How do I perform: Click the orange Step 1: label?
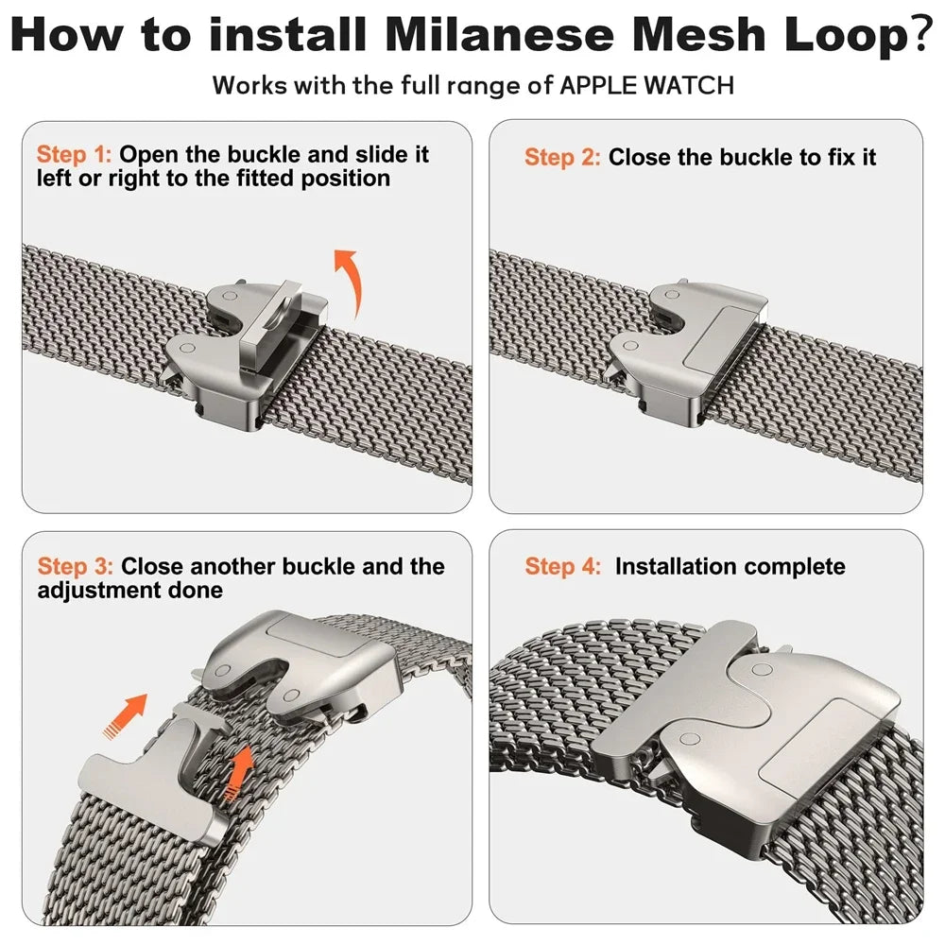75,154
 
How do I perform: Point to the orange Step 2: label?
562,157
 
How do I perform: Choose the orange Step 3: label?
76,567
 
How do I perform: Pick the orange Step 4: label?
563,567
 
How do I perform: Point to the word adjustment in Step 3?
96,591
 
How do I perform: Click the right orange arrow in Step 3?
242,767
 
